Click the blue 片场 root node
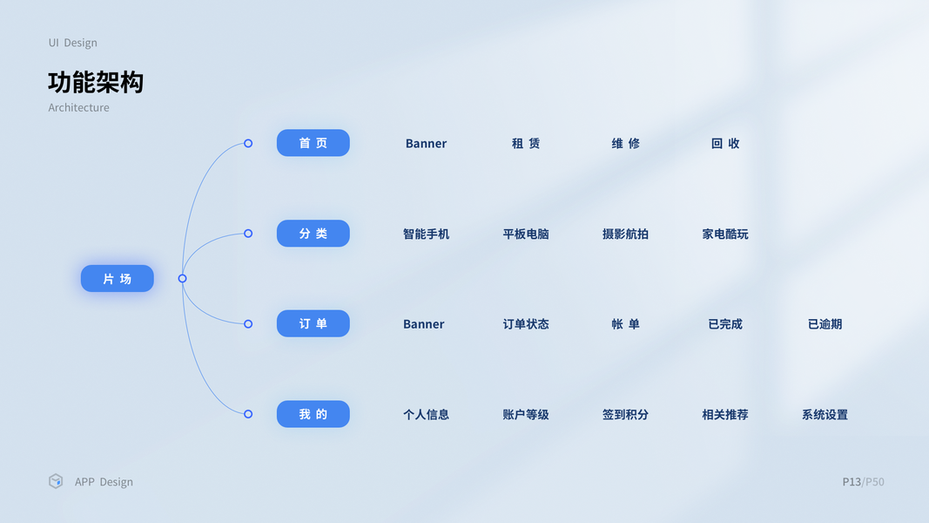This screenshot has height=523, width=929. (118, 279)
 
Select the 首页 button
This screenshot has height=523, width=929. (313, 143)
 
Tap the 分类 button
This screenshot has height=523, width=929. (313, 234)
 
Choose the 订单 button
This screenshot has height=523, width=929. (313, 324)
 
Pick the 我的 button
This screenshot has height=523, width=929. (313, 414)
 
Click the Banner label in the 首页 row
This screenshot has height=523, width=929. (426, 144)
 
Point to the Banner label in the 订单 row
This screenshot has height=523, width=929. (424, 324)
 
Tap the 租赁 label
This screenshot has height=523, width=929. (526, 144)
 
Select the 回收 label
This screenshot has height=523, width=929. (725, 144)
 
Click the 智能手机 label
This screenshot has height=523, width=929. (426, 234)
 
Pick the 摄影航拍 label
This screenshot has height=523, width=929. (625, 234)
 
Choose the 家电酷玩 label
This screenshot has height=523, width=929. (725, 234)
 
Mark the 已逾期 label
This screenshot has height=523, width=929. (825, 324)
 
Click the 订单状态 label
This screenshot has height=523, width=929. (526, 324)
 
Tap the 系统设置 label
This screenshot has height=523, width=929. (825, 415)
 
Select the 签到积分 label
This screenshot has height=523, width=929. (625, 415)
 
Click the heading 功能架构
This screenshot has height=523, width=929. (96, 83)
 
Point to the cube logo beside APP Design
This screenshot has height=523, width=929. (56, 481)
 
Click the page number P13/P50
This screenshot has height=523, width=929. (863, 482)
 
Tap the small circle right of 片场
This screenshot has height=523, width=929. (182, 279)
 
